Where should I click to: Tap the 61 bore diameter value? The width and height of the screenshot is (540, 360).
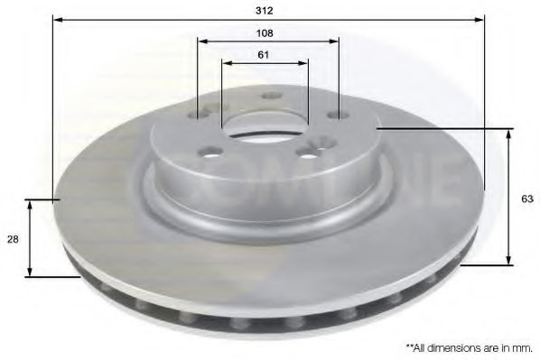pyautogui.click(x=264, y=55)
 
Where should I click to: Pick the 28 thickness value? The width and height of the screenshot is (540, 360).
pyautogui.click(x=13, y=239)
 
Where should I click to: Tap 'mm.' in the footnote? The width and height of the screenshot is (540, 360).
pyautogui.click(x=524, y=346)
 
